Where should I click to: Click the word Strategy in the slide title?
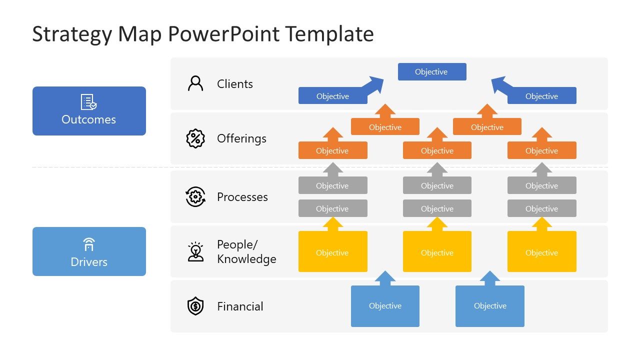(72, 34)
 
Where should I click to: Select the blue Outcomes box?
(89, 111)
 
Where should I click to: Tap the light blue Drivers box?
(89, 251)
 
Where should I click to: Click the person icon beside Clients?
(195, 83)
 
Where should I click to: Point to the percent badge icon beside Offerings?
(195, 138)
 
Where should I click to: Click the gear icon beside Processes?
(195, 197)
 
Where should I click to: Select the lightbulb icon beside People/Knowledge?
(195, 251)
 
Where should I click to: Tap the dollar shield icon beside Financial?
(195, 306)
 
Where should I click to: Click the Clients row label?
(234, 84)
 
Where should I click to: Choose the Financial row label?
(240, 306)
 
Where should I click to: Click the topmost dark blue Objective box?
(432, 71)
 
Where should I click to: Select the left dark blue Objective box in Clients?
(332, 96)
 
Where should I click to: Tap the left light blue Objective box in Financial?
(385, 306)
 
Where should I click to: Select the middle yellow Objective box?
(437, 252)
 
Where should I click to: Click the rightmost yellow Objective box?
(541, 252)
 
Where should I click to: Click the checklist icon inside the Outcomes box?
(89, 102)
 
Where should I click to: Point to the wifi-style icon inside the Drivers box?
(89, 244)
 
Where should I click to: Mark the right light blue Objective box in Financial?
(490, 306)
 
